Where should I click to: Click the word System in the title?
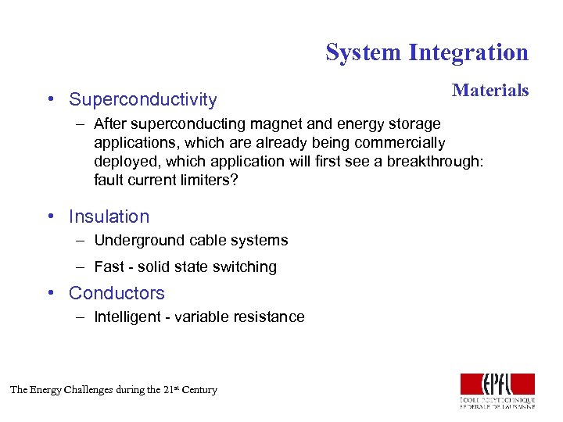point(363,52)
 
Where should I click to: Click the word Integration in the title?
point(468,52)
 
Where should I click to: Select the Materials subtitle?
point(490,91)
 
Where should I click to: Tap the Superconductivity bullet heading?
point(142,100)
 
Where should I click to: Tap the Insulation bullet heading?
point(109,216)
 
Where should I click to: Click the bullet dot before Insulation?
point(50,216)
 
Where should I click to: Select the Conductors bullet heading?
point(117,293)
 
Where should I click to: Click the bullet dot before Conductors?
point(50,293)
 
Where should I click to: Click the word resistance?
point(269,317)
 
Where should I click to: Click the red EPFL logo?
point(497,384)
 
